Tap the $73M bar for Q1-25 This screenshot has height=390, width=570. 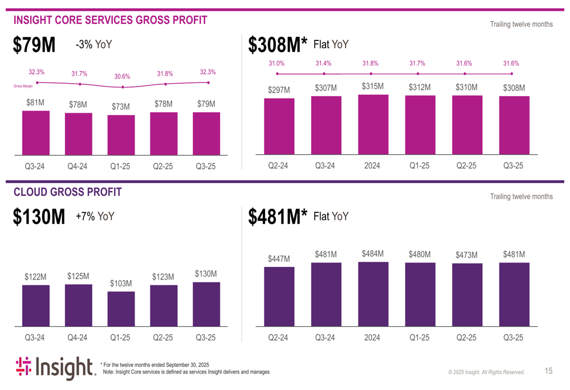(121, 134)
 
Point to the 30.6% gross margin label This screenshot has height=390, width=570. (122, 76)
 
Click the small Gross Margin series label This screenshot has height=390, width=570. (23, 87)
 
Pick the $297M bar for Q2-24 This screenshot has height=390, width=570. (279, 126)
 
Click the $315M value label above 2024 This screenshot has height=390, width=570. (372, 87)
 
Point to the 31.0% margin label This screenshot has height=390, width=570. (277, 64)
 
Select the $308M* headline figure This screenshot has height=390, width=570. (278, 46)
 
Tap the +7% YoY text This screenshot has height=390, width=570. (95, 216)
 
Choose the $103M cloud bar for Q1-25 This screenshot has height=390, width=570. (121, 309)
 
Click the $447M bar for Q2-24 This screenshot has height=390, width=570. (279, 296)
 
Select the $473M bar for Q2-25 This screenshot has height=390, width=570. (467, 294)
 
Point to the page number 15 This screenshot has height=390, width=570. (548, 371)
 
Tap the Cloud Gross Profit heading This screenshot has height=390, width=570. (67, 192)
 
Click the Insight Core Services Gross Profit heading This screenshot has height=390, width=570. (110, 20)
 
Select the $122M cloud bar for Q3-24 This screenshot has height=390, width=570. (36, 305)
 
